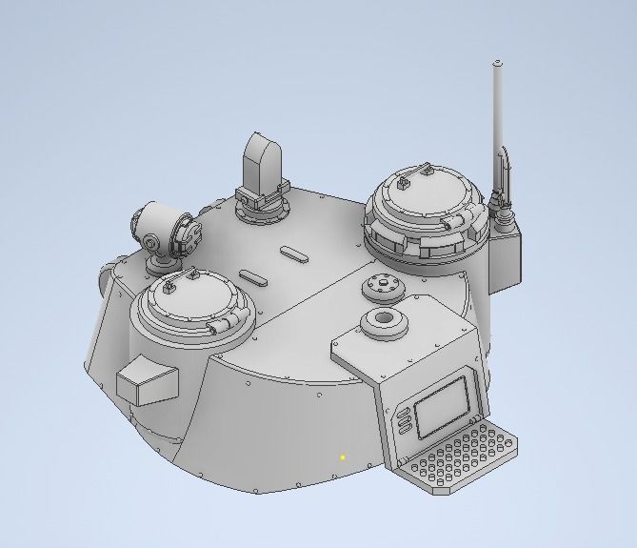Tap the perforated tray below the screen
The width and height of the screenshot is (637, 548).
(x=462, y=461)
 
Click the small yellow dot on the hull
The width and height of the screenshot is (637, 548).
(x=343, y=457)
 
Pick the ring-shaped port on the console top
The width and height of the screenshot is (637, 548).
(x=386, y=321)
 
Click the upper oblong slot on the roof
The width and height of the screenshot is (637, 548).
(x=294, y=254)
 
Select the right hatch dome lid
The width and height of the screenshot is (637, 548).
(x=423, y=194)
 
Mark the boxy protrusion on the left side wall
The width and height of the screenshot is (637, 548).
(x=148, y=381)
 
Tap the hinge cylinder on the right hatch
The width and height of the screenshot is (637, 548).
(x=454, y=223)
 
